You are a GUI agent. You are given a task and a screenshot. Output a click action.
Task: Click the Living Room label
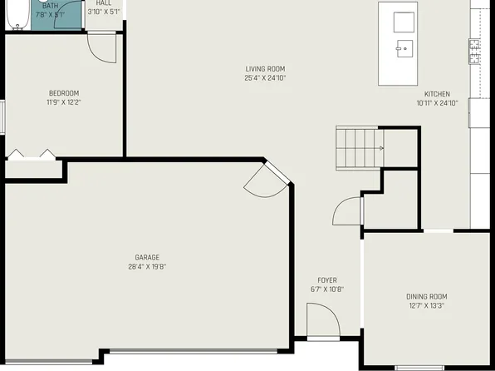click(x=265, y=68)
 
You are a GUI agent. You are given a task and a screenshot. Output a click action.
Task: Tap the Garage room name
click(x=148, y=257)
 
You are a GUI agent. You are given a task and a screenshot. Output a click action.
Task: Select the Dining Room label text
click(x=426, y=296)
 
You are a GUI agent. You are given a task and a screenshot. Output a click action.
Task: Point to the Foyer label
click(x=327, y=280)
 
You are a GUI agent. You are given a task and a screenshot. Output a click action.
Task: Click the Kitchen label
click(x=437, y=94)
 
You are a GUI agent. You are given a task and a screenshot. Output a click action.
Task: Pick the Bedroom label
click(x=64, y=92)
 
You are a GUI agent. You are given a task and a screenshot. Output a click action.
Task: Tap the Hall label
click(x=104, y=3)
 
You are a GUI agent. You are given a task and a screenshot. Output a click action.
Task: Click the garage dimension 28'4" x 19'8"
click(x=148, y=267)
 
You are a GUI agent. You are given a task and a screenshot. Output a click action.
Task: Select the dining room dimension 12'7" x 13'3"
click(x=426, y=305)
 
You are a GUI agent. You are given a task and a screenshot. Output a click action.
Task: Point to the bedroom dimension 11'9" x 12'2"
click(x=64, y=102)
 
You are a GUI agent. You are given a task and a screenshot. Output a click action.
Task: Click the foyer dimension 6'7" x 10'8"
click(x=327, y=289)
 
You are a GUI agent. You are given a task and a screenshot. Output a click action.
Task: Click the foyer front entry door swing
click(x=321, y=321)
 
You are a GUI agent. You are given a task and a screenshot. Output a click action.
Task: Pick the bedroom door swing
click(x=102, y=48)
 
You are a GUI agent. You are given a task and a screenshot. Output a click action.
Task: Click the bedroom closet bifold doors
click(x=32, y=154)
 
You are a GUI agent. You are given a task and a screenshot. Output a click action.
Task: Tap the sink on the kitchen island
click(x=404, y=48)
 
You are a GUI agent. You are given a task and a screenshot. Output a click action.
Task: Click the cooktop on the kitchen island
click(x=404, y=20)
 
